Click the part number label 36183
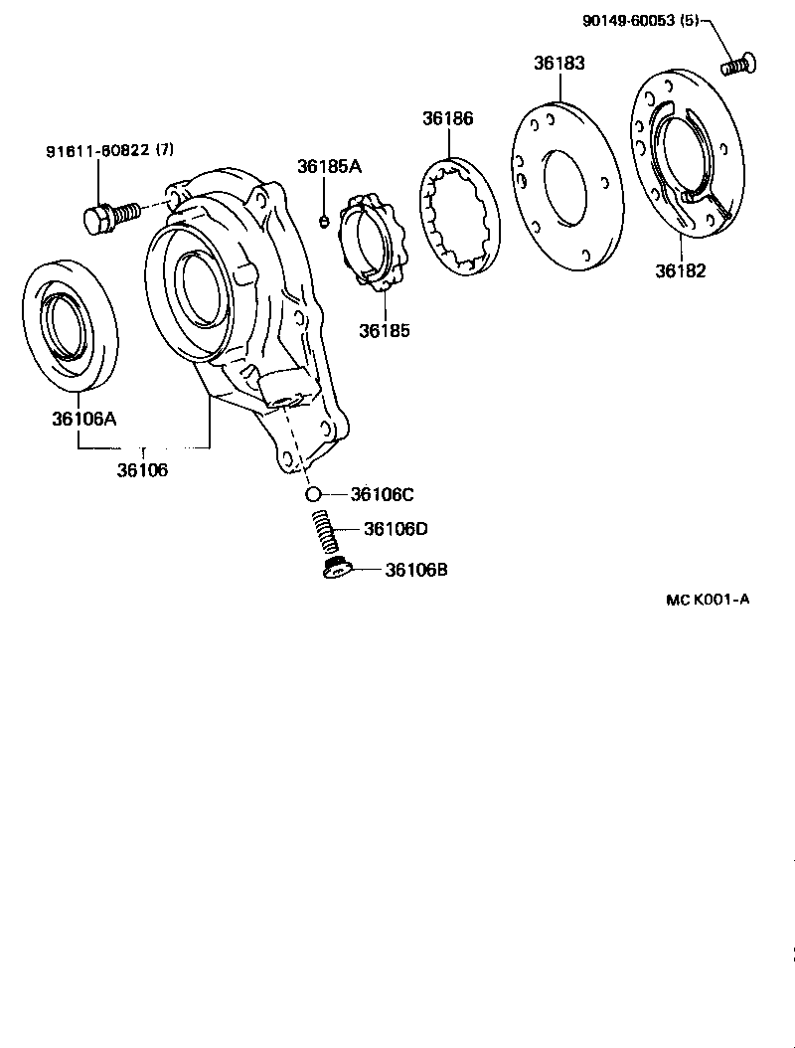click(558, 62)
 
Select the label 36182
click(680, 270)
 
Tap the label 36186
click(447, 117)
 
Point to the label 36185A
click(329, 166)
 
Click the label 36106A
click(84, 419)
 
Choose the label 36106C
click(382, 494)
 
